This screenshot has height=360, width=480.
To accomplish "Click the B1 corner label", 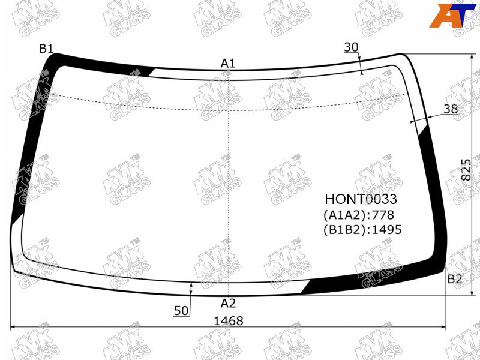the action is coord(46,49).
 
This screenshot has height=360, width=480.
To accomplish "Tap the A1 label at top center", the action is coord(228,64).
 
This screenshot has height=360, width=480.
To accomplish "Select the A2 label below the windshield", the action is coord(229,303).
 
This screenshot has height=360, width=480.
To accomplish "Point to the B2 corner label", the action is coord(455,279).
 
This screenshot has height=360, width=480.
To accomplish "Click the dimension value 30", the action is coord(351,47).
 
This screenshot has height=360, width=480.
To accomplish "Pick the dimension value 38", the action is coord(451,109).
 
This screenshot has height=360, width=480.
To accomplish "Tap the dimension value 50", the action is coord(181,310).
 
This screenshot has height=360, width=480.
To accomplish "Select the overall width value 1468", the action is coord(229,321).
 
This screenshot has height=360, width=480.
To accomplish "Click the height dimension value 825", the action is coord(466,170).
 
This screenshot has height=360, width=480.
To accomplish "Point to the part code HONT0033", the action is coord(361,199).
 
